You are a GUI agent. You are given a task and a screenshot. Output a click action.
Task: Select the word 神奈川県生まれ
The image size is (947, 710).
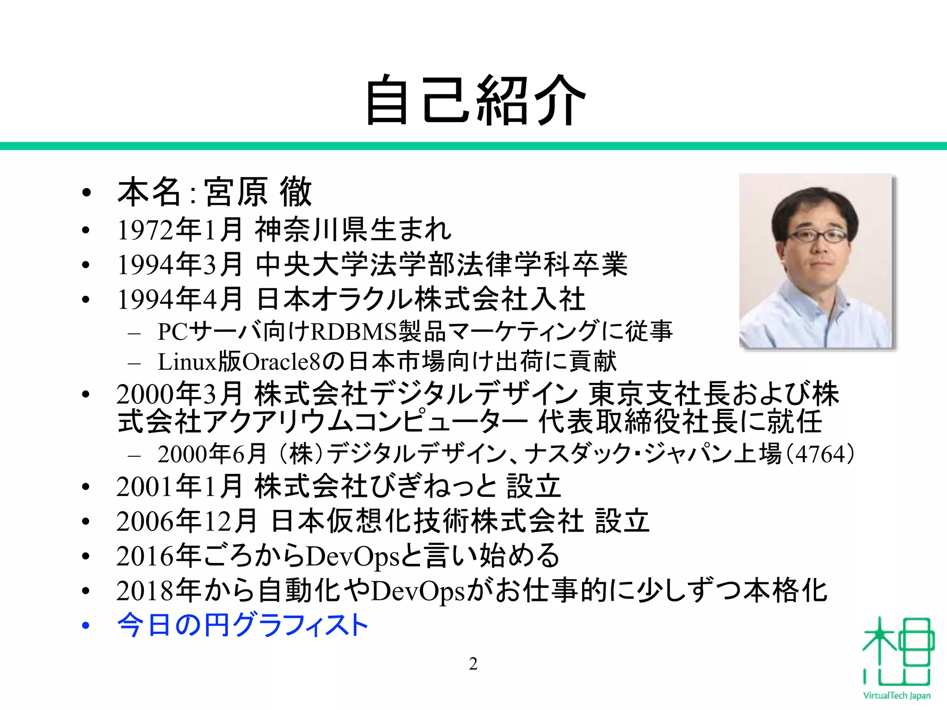pos(353,230)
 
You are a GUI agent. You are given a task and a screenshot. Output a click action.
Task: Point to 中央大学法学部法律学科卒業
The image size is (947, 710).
pos(442,265)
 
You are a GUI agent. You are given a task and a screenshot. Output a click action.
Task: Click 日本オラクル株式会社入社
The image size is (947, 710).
pos(421,300)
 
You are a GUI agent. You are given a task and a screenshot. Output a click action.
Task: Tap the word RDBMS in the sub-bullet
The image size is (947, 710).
pos(354,331)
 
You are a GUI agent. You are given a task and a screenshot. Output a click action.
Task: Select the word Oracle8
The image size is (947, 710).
pos(281,362)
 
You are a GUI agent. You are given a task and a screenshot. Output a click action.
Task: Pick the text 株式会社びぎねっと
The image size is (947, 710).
pos(375,487)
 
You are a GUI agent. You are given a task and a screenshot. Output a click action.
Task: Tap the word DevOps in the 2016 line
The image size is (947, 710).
pos(352,557)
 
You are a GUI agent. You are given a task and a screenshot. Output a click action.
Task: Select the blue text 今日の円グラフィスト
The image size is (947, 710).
pos(243,625)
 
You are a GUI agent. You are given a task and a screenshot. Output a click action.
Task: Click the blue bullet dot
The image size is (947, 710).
pos(85,626)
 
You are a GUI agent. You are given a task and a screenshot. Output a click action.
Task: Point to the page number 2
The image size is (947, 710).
pos(473,664)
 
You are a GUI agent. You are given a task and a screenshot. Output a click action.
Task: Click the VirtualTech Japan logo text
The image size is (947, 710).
pos(897,696)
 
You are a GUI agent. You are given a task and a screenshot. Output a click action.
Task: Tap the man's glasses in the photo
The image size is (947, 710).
pos(817,236)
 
